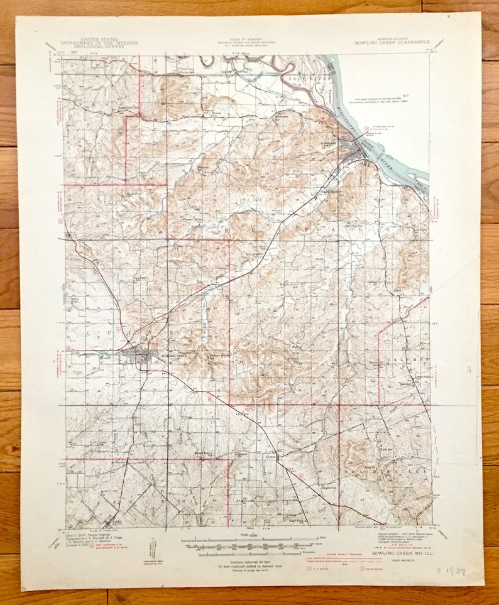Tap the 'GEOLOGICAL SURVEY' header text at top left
(x=99, y=46)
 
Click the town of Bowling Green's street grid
(x=140, y=359)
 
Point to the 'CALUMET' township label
(x=413, y=359)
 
